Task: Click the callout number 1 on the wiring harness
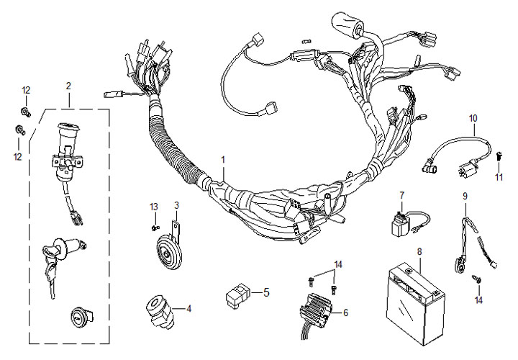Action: point(223,158)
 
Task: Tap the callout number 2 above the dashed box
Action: point(68,86)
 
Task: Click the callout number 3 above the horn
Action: point(176,205)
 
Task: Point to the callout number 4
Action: point(189,310)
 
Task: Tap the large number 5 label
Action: point(265,293)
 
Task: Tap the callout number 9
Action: point(465,195)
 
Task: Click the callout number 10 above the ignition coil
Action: point(473,117)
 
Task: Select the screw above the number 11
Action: point(499,154)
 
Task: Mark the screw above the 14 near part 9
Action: point(475,277)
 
